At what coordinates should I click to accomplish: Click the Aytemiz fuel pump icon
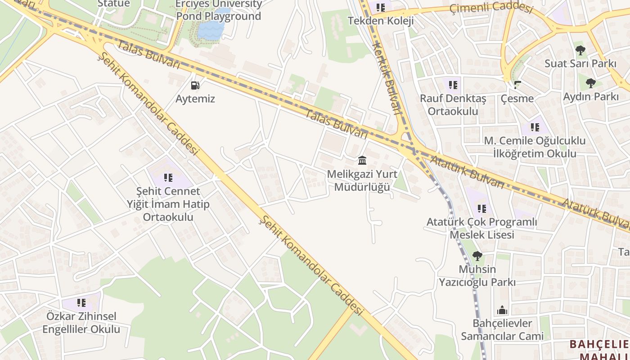tap(195, 85)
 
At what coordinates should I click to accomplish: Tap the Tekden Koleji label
tap(380, 21)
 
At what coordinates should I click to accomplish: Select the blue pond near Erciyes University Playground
tap(211, 29)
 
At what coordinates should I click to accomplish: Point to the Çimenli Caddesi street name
tap(491, 8)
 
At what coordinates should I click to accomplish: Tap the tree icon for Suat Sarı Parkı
tap(580, 50)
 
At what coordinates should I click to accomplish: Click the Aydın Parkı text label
tap(591, 96)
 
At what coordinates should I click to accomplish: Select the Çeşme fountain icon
tap(517, 84)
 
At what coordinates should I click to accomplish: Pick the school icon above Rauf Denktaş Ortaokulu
tap(453, 84)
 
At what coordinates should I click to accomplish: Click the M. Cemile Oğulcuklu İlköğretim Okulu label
tap(535, 147)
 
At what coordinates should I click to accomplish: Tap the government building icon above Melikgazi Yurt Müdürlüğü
tap(362, 160)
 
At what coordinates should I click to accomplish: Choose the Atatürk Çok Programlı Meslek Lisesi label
tap(481, 228)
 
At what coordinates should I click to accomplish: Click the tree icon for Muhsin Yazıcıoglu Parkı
tap(477, 256)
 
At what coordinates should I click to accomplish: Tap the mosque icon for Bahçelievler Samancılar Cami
tap(502, 310)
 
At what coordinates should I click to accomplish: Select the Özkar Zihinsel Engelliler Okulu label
tap(81, 323)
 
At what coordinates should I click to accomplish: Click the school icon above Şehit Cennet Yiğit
tap(168, 178)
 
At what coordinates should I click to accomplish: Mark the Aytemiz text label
tap(195, 99)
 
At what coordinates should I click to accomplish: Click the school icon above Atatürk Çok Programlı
tap(481, 208)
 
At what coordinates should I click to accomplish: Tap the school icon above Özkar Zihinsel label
tap(81, 302)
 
